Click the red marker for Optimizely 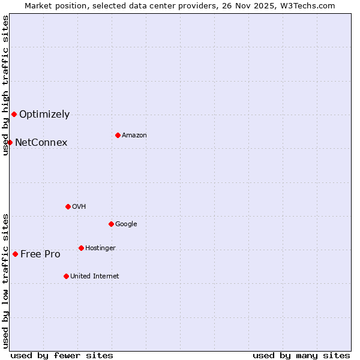point(14,114)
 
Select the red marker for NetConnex point(10,142)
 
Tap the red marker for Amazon point(118,135)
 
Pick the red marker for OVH point(68,206)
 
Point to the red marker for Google point(111,224)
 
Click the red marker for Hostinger point(81,248)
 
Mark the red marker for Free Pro point(15,254)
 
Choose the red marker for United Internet point(66,276)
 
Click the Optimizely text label point(44,115)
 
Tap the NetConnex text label point(41,143)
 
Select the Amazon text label point(134,136)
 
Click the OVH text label point(79,207)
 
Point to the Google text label point(126,224)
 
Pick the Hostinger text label point(100,248)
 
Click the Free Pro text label point(40,254)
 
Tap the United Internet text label point(94,277)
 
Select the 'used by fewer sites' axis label point(62,355)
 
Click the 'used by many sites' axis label point(301,355)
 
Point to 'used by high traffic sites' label point(5,85)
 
